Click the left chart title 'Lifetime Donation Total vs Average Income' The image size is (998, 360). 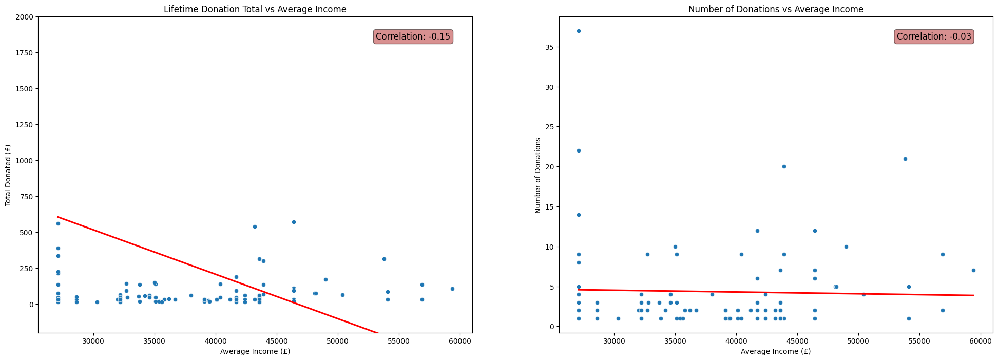255,9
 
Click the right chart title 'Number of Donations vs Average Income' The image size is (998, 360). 776,9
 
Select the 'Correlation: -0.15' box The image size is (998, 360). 413,36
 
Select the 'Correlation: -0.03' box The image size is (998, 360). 934,36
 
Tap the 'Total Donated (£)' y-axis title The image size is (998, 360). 8,175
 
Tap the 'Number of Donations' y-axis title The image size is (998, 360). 538,175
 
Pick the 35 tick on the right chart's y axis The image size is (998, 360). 548,47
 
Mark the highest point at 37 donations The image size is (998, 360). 579,31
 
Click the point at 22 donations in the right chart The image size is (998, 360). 579,150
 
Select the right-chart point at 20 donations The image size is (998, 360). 784,166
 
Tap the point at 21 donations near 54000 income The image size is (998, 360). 905,159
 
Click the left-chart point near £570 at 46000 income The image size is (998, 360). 294,222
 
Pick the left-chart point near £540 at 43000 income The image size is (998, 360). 254,226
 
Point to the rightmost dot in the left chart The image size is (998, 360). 452,289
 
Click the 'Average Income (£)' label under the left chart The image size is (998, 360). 255,352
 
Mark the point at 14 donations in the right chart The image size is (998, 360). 579,215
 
